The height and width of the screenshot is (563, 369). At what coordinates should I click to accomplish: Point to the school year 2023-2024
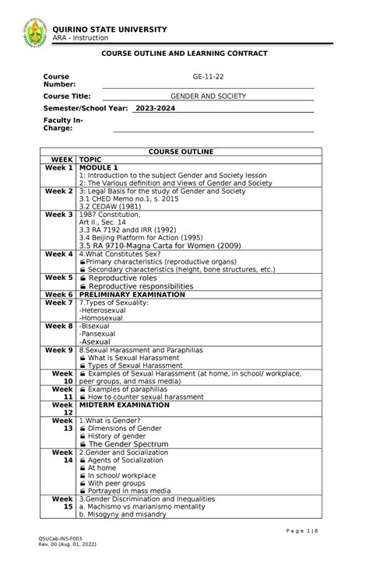tap(155, 109)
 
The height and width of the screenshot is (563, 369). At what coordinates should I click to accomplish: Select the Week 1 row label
tap(59, 167)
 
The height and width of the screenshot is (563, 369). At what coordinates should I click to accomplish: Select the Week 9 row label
tap(59, 350)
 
